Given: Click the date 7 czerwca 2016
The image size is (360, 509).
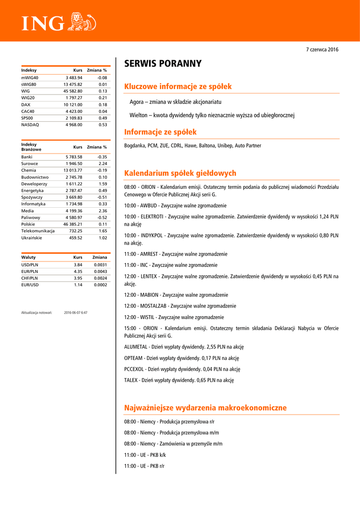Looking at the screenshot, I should (322, 50).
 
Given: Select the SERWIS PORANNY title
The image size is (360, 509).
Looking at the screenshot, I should (163, 64).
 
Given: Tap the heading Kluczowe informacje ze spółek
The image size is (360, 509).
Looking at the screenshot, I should (178, 86).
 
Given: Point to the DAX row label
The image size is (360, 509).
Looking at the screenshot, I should (26, 104).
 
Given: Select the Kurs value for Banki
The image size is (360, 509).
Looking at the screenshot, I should (73, 157).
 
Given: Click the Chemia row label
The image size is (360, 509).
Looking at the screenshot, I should (28, 170).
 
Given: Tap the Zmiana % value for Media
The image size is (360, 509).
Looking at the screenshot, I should (103, 211).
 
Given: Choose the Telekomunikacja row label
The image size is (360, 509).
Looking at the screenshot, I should (38, 231).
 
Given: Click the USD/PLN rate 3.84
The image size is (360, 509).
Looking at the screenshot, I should (78, 265).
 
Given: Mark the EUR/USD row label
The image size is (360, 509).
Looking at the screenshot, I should (29, 285).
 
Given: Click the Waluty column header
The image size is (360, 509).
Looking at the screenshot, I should (28, 257).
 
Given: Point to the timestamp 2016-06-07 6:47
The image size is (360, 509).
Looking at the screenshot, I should (76, 313).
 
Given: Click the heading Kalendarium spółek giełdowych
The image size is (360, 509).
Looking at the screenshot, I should (180, 173).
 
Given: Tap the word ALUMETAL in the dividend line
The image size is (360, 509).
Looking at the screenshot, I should (136, 347).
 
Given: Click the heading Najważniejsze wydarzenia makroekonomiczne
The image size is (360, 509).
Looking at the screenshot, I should (205, 408).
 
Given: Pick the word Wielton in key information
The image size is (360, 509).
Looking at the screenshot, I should (138, 115).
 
